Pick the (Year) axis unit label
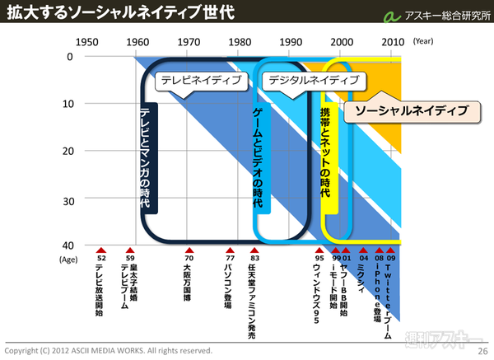click(424, 41)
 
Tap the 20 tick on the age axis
click(68, 151)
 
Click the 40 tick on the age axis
click(68, 245)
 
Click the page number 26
click(483, 351)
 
